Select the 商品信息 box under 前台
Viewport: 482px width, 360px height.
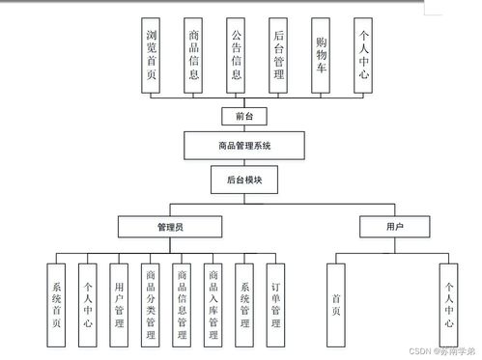pyautogui.click(x=194, y=55)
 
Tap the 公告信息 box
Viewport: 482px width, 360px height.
pyautogui.click(x=236, y=55)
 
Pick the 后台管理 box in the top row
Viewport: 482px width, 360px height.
pyautogui.click(x=278, y=55)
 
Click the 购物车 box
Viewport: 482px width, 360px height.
pyautogui.click(x=321, y=55)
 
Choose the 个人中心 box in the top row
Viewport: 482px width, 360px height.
pyautogui.click(x=363, y=55)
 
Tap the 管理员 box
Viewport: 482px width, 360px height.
pyautogui.click(x=170, y=227)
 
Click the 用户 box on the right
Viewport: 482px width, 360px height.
pyautogui.click(x=394, y=227)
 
